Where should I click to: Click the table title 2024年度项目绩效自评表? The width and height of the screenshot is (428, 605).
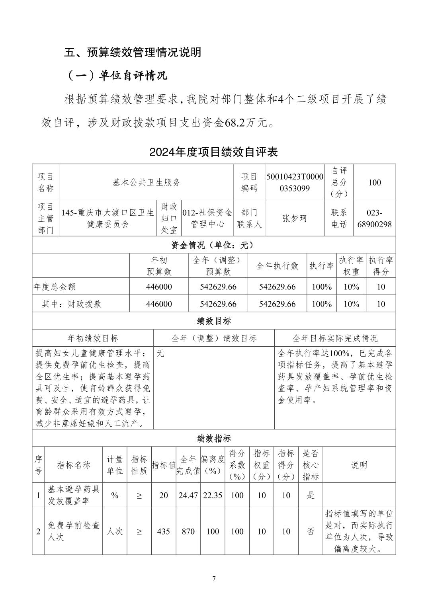[213, 152]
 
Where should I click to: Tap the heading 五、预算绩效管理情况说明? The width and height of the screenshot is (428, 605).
[133, 52]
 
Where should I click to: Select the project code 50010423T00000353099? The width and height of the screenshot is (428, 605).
[295, 182]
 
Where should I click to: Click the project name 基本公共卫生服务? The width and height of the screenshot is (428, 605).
[147, 182]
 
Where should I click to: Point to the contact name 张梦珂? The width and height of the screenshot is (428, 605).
[295, 219]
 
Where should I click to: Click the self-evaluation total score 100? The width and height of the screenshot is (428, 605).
[374, 182]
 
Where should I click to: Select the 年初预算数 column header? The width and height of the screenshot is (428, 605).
[159, 266]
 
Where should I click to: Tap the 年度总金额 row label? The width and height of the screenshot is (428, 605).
[55, 287]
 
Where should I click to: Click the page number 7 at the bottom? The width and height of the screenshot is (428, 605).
[214, 579]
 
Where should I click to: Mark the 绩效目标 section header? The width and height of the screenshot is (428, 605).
[214, 321]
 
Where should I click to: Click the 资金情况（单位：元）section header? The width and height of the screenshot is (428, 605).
[214, 245]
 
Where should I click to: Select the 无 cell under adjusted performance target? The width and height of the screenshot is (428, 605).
[160, 353]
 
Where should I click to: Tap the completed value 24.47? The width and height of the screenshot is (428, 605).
[188, 495]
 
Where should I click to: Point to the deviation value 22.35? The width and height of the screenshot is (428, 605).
[213, 495]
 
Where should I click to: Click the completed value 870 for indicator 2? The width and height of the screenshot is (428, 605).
[188, 531]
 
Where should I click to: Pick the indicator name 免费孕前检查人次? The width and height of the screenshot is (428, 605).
[74, 531]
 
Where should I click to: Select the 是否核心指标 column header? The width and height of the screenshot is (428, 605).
[311, 465]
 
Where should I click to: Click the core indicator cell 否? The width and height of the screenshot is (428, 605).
[311, 531]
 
